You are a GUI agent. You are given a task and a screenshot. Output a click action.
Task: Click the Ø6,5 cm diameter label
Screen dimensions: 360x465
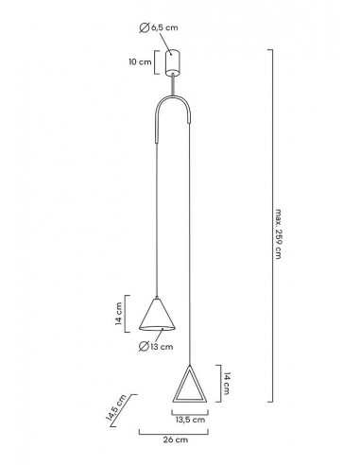tap(159, 28)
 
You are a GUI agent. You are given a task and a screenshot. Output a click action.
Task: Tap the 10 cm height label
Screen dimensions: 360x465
tap(140, 62)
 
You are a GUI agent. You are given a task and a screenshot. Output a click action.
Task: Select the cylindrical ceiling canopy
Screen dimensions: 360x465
tap(172, 62)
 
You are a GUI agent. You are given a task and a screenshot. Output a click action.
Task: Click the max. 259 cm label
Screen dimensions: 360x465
tap(278, 233)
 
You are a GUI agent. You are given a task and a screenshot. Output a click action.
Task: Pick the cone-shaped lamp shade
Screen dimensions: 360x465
tap(157, 315)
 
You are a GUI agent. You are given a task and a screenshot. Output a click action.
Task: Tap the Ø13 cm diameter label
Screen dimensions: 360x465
tap(156, 347)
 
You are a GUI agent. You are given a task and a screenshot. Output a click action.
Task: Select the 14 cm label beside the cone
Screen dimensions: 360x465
tap(118, 314)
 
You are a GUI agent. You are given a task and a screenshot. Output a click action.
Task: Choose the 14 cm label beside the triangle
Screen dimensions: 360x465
tap(228, 384)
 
